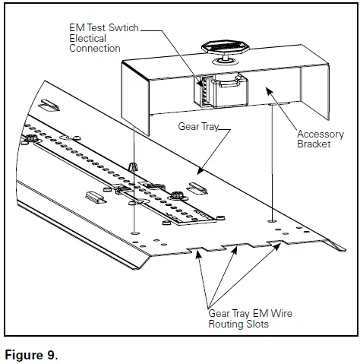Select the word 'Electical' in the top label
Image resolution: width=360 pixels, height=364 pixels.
point(84,37)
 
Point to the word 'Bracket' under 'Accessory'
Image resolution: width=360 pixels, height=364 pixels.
point(314,144)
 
